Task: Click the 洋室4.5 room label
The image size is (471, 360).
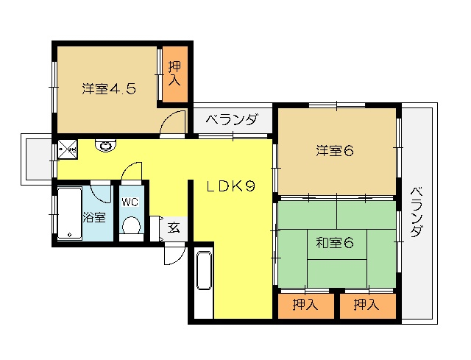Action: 110,89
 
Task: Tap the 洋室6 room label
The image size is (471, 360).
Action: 335,151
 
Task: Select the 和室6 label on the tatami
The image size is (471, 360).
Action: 335,242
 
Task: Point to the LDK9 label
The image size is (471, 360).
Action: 230,186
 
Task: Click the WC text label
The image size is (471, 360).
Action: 130,202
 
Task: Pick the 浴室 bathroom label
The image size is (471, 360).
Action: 94,217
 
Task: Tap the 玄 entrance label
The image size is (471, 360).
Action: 174,227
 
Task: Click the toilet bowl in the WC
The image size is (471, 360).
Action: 131,225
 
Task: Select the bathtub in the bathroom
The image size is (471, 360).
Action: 70,213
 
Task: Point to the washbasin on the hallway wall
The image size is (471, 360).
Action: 105,146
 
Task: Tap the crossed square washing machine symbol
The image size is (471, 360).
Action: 68,149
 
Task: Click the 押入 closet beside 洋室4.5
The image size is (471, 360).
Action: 175,74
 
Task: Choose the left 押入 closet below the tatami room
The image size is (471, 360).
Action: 306,306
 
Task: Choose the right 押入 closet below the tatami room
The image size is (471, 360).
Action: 368,306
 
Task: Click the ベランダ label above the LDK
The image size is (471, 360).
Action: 232,120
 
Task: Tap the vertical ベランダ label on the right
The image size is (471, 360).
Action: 417,212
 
